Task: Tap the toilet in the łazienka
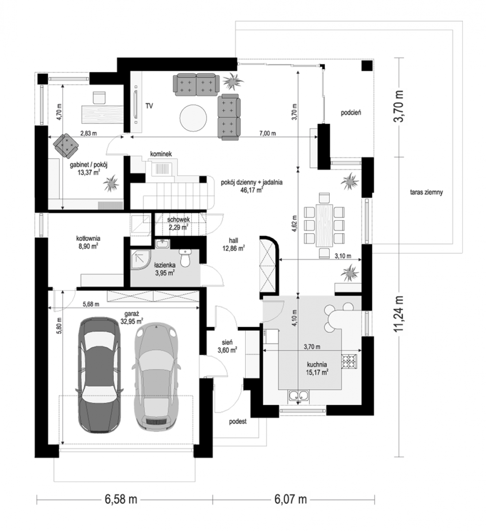[x=185, y=257]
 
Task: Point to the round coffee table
[x=193, y=118]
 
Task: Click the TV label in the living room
[x=149, y=106]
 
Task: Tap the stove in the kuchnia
[x=350, y=362]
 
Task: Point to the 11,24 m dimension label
[x=399, y=313]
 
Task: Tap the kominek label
[x=161, y=154]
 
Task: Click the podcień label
[x=351, y=113]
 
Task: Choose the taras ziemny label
[x=426, y=192]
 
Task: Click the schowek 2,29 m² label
[x=178, y=223]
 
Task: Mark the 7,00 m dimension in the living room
[x=268, y=133]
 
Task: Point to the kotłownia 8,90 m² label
[x=88, y=242]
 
